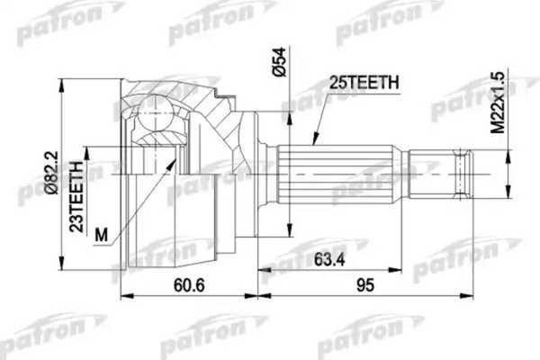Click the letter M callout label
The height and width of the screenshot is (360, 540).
click(102, 236)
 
